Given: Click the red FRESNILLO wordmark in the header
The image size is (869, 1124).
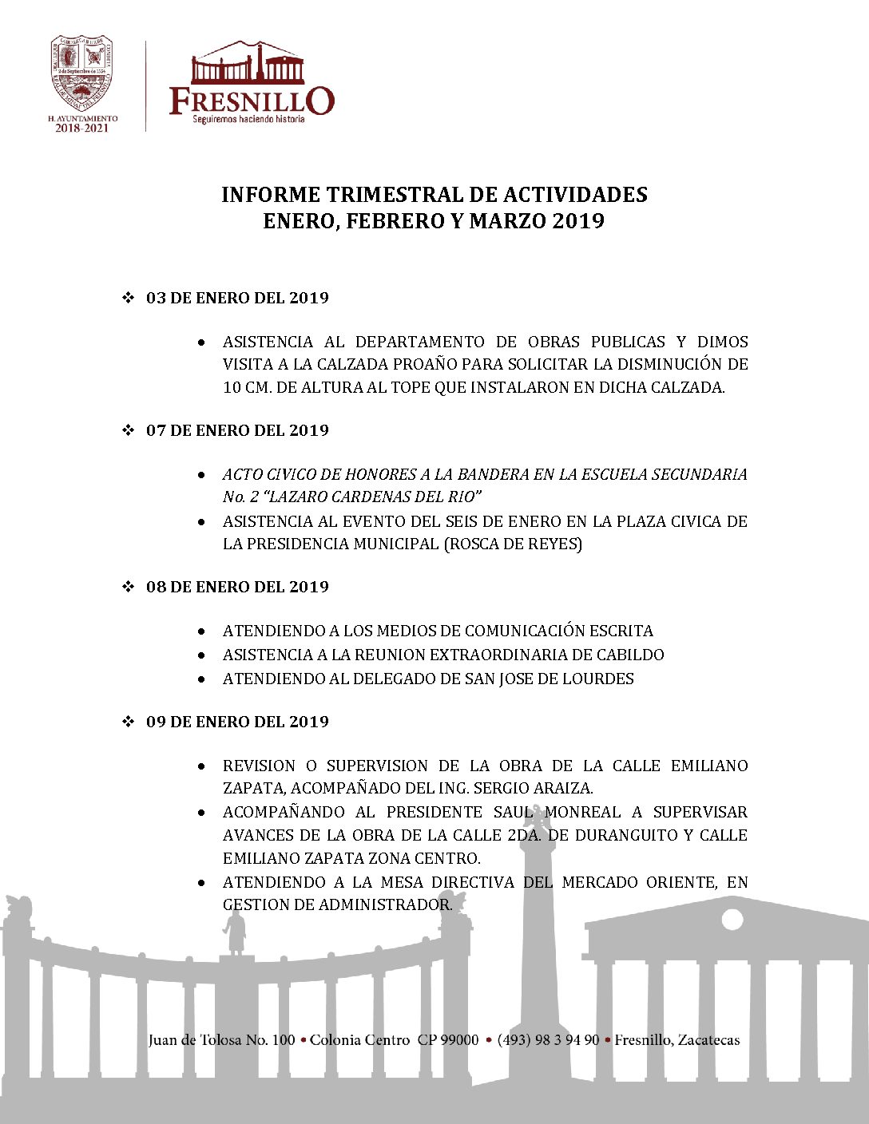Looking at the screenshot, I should click(x=252, y=101).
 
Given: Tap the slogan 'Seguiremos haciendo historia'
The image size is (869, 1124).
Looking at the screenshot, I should click(x=248, y=119).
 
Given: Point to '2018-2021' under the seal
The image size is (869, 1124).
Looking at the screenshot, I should click(x=81, y=128).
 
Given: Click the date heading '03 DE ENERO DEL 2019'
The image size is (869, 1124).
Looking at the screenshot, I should click(x=237, y=298).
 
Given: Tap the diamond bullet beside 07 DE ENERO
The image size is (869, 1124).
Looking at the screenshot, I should click(x=127, y=430).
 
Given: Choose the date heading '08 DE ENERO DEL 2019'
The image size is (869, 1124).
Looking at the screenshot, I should click(x=237, y=587).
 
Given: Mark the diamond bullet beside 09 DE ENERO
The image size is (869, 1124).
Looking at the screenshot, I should click(x=127, y=722).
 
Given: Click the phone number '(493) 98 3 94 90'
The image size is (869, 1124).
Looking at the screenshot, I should click(x=548, y=1040).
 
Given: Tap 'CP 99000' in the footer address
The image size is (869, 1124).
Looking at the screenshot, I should click(x=448, y=1040).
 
